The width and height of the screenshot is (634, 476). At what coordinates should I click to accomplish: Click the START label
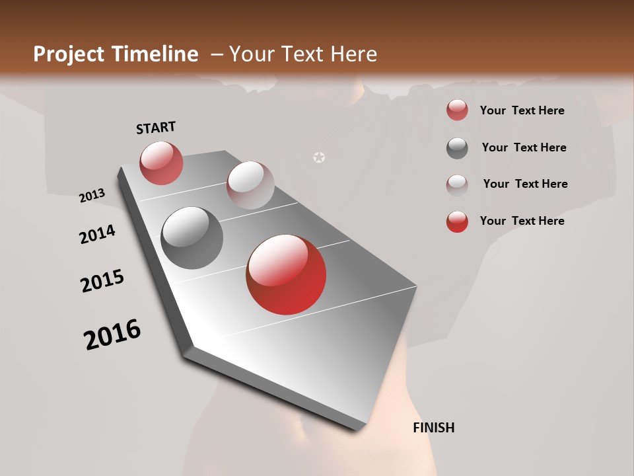156,128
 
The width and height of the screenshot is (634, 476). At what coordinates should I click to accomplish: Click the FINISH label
433,428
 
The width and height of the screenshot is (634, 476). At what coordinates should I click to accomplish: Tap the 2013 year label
92,196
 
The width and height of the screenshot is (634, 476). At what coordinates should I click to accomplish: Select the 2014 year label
97,235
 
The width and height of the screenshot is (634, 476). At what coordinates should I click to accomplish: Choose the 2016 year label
112,335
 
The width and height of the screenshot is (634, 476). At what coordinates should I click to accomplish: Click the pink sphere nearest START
161,163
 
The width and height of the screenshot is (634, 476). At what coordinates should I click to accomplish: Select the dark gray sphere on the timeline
192,237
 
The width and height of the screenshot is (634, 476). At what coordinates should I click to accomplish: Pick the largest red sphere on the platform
286,274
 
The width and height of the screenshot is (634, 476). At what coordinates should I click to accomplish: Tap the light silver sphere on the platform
250,184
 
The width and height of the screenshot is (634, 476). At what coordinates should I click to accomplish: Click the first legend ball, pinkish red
457,110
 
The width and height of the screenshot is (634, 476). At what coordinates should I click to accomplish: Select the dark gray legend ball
457,148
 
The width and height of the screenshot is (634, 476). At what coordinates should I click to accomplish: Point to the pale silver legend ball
457,184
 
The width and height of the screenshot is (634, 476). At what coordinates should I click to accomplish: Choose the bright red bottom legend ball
457,221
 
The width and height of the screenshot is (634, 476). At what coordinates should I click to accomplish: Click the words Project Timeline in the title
116,54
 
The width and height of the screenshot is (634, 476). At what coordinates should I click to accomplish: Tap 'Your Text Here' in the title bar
302,54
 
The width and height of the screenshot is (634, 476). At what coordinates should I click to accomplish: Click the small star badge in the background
319,157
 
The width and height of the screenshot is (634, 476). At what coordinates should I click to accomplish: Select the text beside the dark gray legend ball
524,147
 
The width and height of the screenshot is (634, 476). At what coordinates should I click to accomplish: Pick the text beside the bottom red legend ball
522,221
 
